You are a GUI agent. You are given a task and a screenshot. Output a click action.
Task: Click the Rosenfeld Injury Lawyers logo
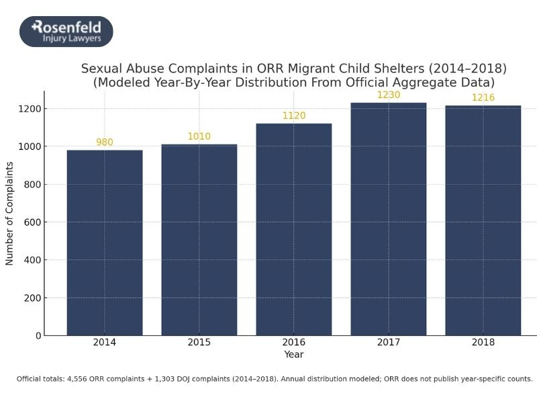pyautogui.click(x=66, y=32)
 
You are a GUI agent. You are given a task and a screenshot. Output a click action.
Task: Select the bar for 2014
pyautogui.click(x=105, y=242)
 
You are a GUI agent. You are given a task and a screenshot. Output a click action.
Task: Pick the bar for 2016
pyautogui.click(x=294, y=229)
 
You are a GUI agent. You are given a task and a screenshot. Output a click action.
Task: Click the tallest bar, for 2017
pyautogui.click(x=389, y=219)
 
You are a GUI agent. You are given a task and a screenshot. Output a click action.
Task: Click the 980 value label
pyautogui.click(x=105, y=142)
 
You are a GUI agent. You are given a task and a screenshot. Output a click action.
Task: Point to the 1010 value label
pyautogui.click(x=199, y=136)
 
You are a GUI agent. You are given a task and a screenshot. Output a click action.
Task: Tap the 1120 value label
pyautogui.click(x=294, y=116)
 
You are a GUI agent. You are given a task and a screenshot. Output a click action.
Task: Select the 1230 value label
pyautogui.click(x=389, y=95)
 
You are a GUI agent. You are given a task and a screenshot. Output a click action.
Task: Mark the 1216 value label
pyautogui.click(x=483, y=97)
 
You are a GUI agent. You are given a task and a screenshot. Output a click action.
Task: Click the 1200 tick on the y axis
pyautogui.click(x=30, y=109)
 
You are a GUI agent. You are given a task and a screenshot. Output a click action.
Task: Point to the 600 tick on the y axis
pyautogui.click(x=33, y=222)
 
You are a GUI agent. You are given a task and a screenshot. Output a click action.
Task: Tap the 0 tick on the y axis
pyautogui.click(x=38, y=336)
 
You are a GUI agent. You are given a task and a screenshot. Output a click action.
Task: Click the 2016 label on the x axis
pyautogui.click(x=294, y=343)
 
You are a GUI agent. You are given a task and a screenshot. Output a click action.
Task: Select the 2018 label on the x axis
pyautogui.click(x=483, y=343)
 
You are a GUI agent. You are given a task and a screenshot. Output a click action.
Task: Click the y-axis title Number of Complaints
pyautogui.click(x=9, y=213)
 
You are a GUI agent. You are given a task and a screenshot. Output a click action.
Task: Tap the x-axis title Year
pyautogui.click(x=293, y=354)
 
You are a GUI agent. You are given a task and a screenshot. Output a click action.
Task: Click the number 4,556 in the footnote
pyautogui.click(x=79, y=379)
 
